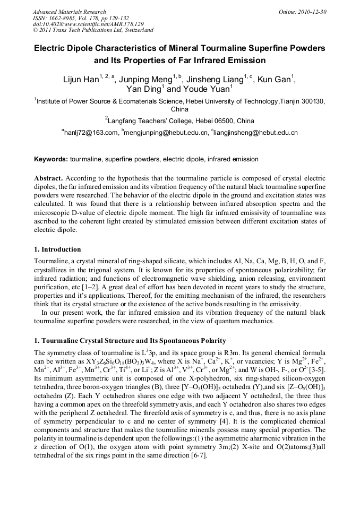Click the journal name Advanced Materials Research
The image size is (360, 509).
click(69, 12)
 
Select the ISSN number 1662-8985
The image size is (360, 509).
click(67, 18)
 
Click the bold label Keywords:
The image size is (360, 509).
click(51, 159)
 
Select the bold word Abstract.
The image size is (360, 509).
click(48, 178)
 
